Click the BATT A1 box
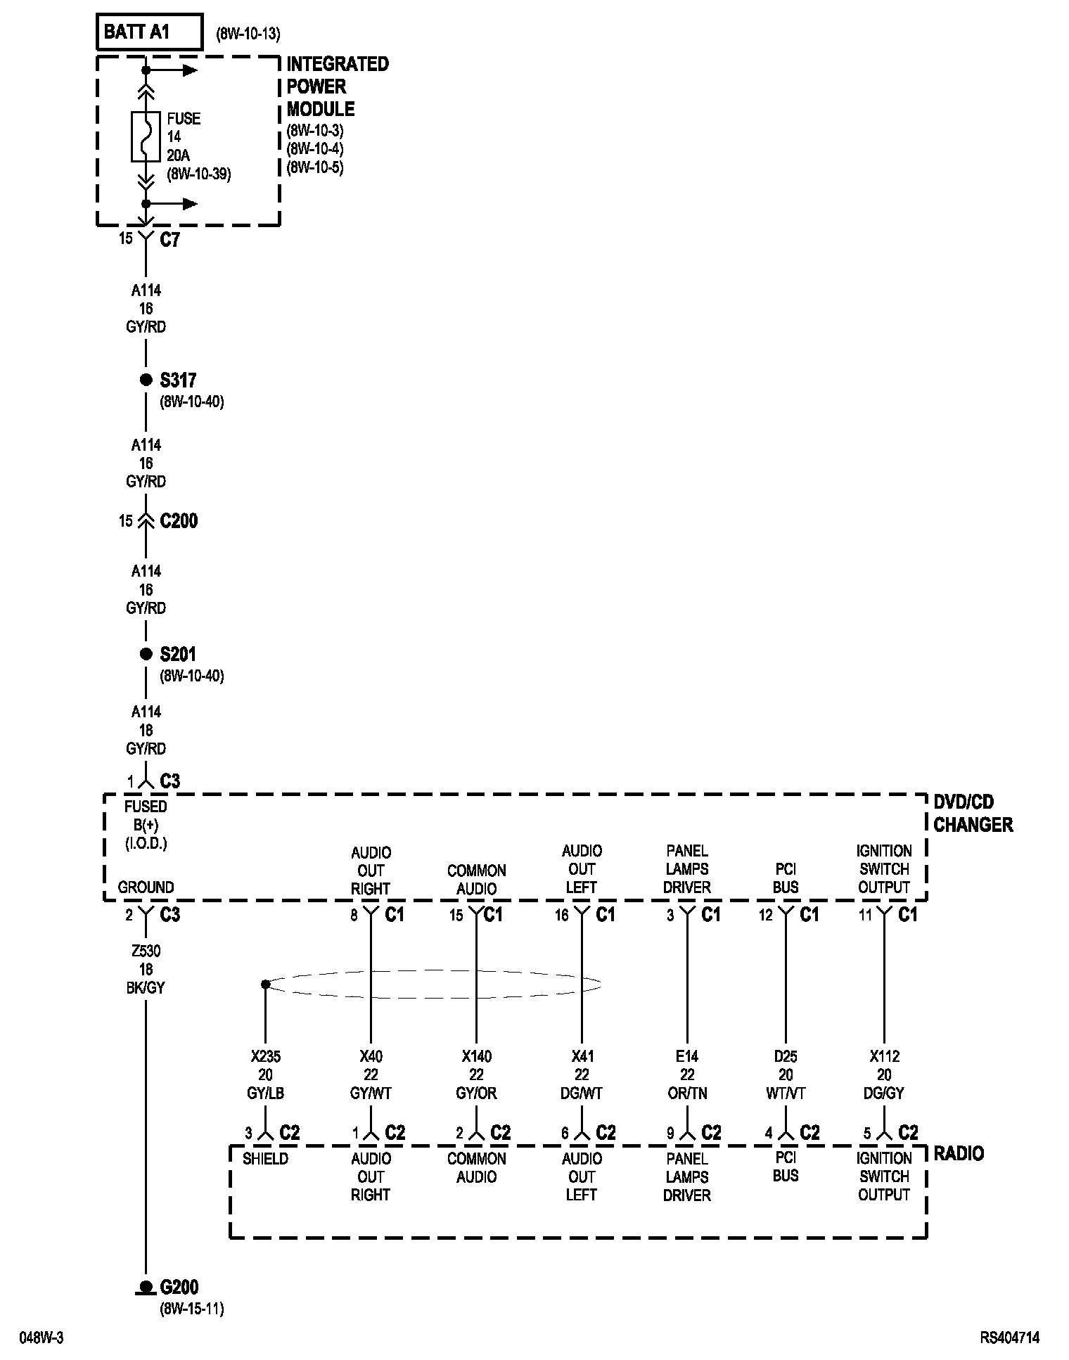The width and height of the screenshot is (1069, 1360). coord(149,32)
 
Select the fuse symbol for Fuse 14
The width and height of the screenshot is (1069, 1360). coord(146,136)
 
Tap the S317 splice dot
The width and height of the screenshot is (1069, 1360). coord(146,380)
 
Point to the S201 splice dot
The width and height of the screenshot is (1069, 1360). coord(146,655)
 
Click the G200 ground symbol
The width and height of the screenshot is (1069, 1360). coord(146,1288)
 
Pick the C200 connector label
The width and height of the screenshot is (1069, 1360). coord(179,521)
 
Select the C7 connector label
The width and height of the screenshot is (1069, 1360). coord(170,240)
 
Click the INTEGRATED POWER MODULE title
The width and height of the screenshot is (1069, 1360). coord(337,86)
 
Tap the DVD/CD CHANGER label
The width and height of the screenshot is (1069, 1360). coord(973,813)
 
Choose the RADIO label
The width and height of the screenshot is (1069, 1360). coord(959,1154)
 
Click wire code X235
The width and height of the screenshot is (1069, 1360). coord(265,1057)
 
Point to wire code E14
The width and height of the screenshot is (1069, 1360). coord(687,1057)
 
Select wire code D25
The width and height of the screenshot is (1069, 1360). coord(786,1057)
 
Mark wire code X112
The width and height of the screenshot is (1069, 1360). coord(884,1057)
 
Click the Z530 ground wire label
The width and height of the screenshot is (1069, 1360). coord(146,951)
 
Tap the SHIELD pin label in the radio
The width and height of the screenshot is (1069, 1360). coord(265,1158)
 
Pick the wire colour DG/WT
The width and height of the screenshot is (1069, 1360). coord(582,1093)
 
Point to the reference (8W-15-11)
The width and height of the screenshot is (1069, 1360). coord(191,1309)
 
